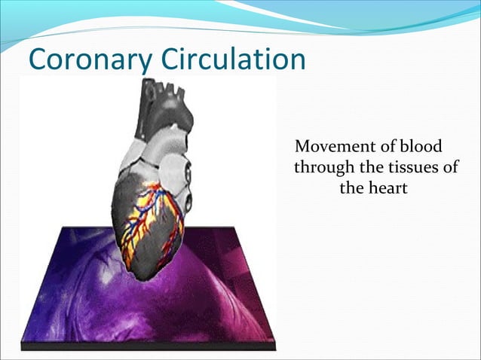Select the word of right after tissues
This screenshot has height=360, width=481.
pyautogui.click(x=449, y=166)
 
